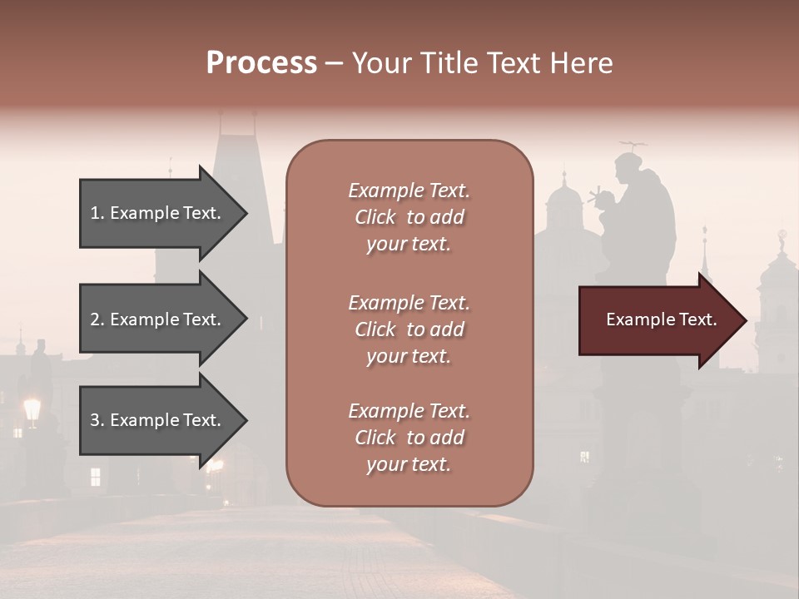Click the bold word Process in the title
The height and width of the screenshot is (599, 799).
(261, 63)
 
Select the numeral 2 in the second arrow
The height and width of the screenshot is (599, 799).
(95, 319)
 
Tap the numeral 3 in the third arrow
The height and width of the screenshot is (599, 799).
(95, 420)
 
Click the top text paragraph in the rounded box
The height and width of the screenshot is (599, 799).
(409, 217)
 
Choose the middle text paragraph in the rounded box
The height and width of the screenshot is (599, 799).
(409, 329)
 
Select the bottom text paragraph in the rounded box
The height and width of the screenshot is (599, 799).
(409, 438)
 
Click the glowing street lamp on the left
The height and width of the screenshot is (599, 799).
(32, 408)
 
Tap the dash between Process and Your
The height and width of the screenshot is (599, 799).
(335, 64)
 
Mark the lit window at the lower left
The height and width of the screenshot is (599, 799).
(95, 476)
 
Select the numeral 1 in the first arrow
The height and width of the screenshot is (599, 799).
(95, 213)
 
